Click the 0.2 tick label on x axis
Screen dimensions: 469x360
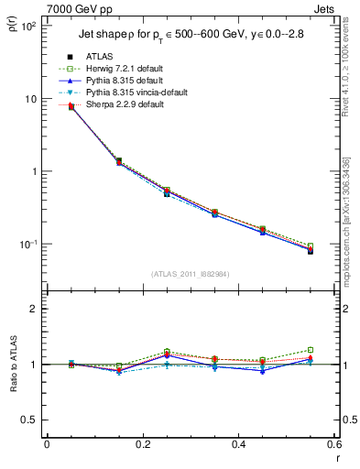point(143,445)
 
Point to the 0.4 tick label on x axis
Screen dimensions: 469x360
point(239,445)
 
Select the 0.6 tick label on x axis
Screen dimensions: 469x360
point(335,445)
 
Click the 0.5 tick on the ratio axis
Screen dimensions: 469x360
point(29,420)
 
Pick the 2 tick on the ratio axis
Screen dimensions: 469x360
point(33,309)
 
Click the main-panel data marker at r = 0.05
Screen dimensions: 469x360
point(71,108)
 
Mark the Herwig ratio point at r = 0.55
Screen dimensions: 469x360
point(311,349)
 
